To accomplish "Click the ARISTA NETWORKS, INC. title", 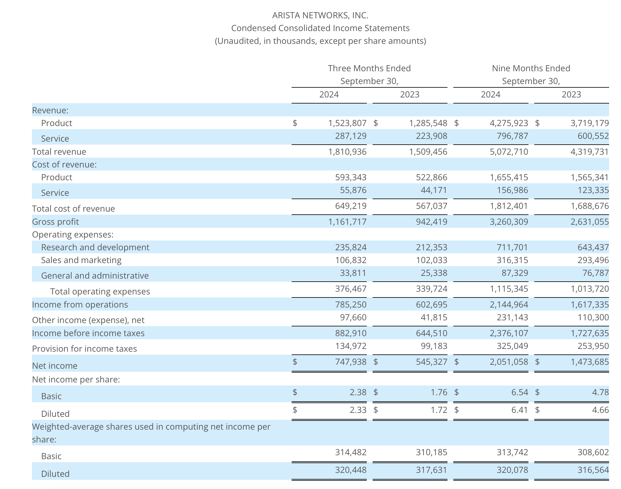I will pos(320,15).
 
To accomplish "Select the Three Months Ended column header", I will pos(369,68).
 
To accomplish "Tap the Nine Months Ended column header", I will pos(531,68).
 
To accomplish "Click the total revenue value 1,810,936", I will pos(347,152).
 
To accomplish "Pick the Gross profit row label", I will pos(55,222).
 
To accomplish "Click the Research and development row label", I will pos(95,247).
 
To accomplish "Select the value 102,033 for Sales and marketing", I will pos(431,260).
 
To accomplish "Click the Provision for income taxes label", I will pos(84,349).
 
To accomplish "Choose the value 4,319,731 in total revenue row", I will pos(589,152).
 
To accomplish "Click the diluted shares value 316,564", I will pos(593,470).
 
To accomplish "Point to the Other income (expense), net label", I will pos(88,320).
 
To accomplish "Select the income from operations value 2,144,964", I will pos(509,304).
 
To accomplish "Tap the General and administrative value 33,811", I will pos(353,273).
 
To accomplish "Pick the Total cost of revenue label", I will pos(73,209).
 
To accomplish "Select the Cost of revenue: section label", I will pos(64,164).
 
